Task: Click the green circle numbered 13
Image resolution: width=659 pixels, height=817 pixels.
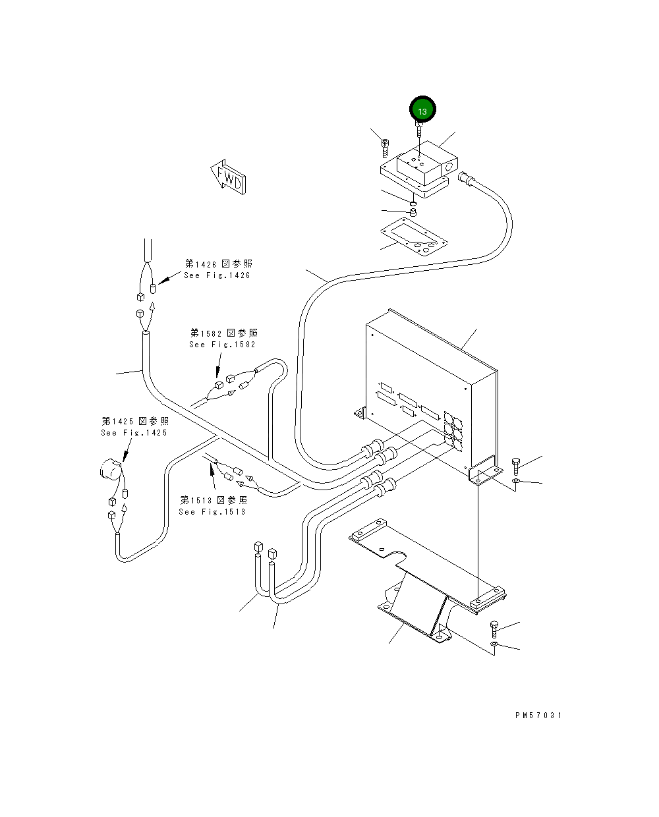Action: point(422,109)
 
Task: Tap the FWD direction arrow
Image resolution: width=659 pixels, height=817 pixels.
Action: point(229,177)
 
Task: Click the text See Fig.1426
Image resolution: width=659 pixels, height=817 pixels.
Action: point(217,275)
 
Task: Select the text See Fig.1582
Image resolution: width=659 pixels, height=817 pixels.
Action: point(222,345)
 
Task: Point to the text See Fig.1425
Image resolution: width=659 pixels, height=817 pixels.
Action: point(134,433)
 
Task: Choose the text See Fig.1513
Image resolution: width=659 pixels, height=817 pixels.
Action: point(212,512)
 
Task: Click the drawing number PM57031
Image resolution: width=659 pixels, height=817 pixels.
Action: point(538,716)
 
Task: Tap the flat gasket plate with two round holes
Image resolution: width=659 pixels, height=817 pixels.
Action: point(414,237)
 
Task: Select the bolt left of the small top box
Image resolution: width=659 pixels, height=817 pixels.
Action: point(385,148)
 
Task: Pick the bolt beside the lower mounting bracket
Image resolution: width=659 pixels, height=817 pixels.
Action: point(494,630)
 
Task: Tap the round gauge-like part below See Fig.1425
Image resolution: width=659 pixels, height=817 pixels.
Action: point(111,469)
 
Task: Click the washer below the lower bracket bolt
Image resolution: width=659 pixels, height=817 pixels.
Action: point(494,644)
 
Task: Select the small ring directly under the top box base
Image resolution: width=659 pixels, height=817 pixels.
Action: point(414,204)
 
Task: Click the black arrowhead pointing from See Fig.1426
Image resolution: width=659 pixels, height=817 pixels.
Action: point(164,281)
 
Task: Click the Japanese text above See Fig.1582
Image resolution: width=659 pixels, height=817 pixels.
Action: point(223,333)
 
